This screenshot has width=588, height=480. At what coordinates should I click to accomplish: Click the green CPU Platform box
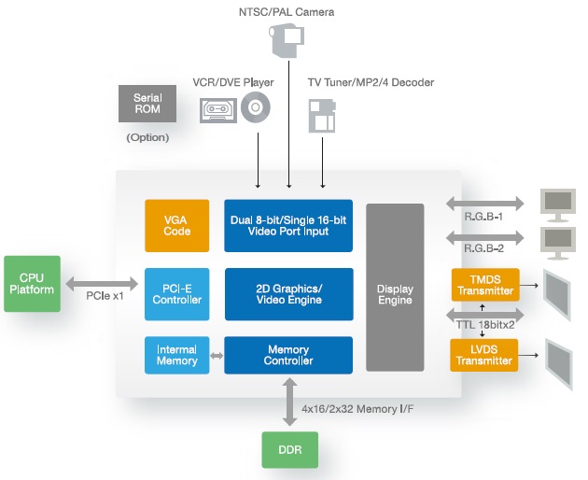(33, 284)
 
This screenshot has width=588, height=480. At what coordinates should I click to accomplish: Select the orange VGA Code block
(177, 226)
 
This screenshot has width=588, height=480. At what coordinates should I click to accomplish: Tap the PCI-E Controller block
(177, 294)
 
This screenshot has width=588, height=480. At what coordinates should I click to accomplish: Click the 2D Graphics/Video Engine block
(289, 294)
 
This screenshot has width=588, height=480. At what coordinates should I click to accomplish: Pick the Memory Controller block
(288, 355)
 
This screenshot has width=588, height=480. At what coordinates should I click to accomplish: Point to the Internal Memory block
(177, 355)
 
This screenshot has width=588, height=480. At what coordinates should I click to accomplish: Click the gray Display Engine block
(395, 288)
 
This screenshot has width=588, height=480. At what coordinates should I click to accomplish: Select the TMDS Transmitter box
(485, 285)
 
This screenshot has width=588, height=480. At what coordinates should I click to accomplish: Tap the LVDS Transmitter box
(484, 355)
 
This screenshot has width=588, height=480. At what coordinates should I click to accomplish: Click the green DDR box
(290, 449)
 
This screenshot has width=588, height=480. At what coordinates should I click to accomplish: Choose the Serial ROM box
(147, 104)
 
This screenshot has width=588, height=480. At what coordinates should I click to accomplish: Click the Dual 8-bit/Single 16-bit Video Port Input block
(288, 226)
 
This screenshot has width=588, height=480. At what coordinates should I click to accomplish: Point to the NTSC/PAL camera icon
(287, 40)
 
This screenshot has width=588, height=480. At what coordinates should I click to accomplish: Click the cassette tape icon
(218, 110)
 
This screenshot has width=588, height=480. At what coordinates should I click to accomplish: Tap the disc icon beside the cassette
(256, 107)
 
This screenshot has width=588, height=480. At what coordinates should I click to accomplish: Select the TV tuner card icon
(322, 116)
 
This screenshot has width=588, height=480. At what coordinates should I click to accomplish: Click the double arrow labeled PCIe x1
(102, 284)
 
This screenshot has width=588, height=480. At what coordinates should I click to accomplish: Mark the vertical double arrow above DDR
(290, 402)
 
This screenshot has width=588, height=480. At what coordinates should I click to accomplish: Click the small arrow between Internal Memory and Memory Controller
(217, 356)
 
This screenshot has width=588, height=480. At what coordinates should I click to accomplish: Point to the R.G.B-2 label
(483, 248)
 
